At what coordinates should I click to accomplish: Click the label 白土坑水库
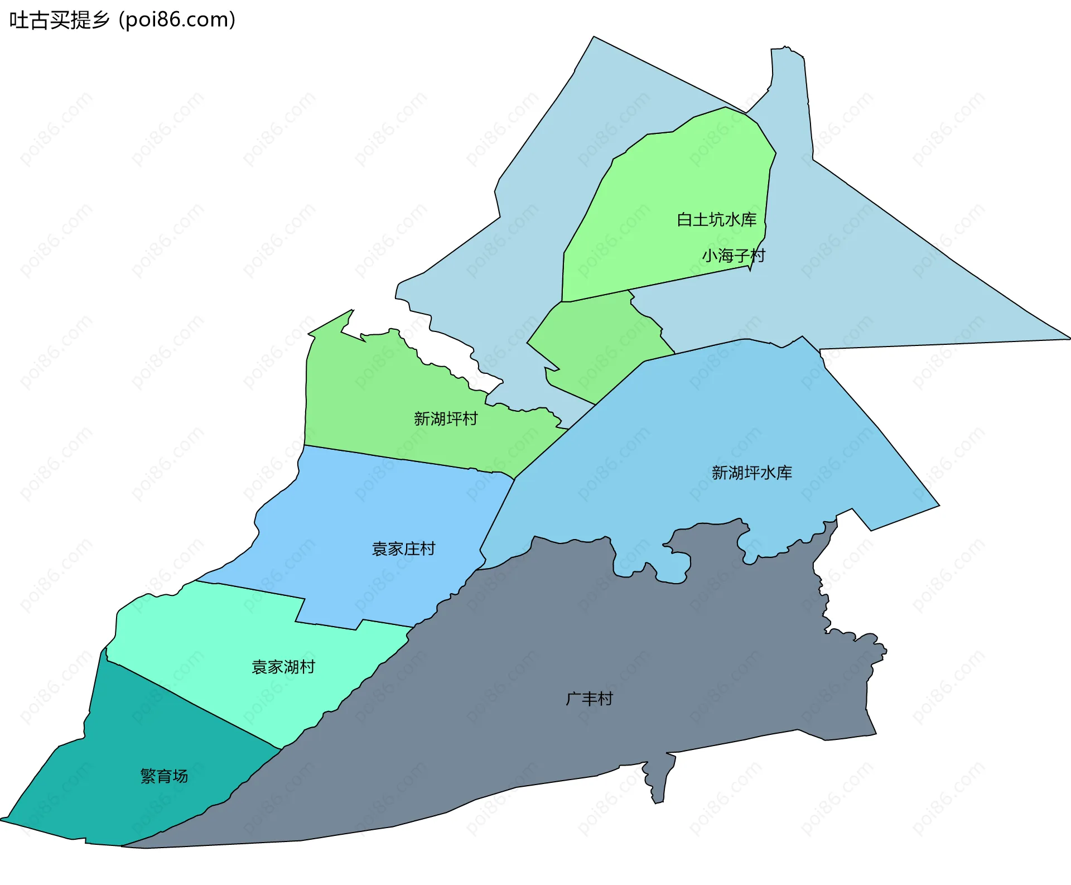pos(716,220)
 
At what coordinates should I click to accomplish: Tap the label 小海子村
pos(733,256)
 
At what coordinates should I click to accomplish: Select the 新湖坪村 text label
pos(446,419)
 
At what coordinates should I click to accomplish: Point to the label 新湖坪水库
pos(751,473)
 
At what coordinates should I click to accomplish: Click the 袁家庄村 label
pos(403,549)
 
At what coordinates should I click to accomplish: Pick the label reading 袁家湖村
pos(283,667)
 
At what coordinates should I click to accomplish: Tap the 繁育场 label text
pos(164,776)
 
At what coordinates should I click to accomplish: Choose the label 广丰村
pos(589,699)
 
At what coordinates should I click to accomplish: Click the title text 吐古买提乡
pos(59,20)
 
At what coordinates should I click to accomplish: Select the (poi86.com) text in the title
pos(177,20)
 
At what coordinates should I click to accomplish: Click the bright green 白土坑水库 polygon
pos(669,184)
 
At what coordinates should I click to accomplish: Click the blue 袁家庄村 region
pos(363,513)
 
